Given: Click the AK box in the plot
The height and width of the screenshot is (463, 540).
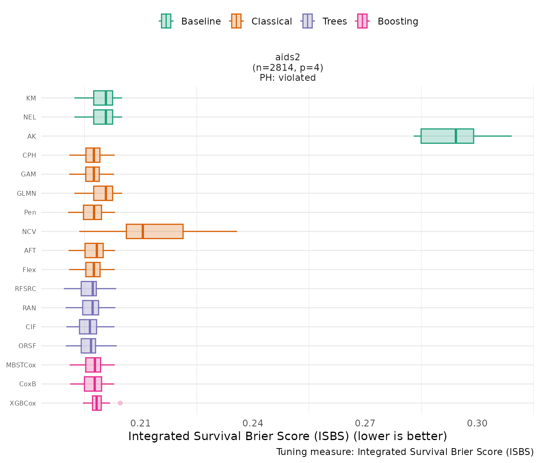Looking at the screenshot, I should click(447, 136).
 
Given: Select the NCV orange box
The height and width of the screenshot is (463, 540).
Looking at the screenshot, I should click(154, 231).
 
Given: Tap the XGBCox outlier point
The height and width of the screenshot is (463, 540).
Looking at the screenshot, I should click(120, 403).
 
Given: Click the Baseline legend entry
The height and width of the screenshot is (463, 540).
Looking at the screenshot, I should click(190, 21).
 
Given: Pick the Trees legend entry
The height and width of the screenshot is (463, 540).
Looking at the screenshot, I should click(325, 21).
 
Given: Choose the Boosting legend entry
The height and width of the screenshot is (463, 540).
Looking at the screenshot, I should click(388, 21).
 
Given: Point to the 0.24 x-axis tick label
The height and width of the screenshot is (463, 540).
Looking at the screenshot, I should click(253, 423).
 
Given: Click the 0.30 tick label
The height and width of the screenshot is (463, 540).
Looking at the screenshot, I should click(477, 423).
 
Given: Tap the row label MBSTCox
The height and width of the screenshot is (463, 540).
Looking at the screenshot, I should click(21, 365).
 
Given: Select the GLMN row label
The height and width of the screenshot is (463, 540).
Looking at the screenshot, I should click(27, 193).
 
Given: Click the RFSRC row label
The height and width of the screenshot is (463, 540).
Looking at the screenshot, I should click(25, 289).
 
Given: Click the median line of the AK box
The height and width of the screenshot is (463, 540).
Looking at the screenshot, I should click(456, 136).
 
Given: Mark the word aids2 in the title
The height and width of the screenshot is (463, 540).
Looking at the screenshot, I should click(288, 57).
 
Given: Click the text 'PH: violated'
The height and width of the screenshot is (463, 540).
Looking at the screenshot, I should click(288, 78).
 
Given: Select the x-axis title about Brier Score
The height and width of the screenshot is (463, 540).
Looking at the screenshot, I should click(288, 436).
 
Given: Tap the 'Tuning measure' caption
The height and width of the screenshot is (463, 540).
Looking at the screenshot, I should click(405, 452).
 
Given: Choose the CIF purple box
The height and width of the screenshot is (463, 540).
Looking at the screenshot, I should click(88, 327).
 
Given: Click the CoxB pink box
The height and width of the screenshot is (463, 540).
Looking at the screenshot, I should click(93, 384).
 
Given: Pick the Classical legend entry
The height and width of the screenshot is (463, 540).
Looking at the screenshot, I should click(262, 21).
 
